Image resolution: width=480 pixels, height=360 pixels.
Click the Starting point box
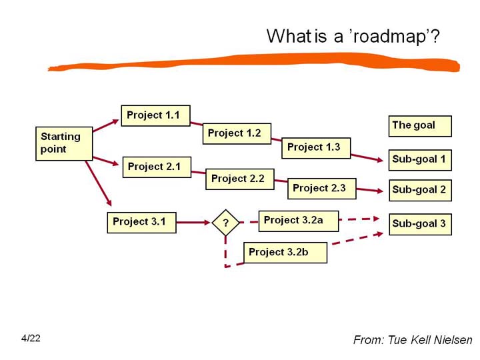[64, 143]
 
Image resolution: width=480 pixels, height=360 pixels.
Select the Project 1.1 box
[155, 115]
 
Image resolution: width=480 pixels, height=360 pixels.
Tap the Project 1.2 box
[237, 133]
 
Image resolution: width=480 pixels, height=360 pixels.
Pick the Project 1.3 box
[316, 148]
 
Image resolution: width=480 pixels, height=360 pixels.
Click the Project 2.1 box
[157, 167]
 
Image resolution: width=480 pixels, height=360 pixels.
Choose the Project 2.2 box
[240, 179]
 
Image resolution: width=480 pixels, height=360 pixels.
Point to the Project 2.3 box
[322, 189]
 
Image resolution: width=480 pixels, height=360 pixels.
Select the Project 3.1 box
[142, 223]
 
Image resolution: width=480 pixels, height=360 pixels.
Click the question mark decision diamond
[225, 223]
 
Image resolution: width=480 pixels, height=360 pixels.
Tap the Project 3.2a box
[299, 221]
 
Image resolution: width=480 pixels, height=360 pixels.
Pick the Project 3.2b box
[285, 253]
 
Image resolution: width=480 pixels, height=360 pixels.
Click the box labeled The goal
[420, 126]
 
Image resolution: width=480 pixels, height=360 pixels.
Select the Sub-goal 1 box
[420, 160]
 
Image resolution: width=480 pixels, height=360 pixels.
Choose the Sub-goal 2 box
[420, 191]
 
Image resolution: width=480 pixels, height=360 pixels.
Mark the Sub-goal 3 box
[420, 225]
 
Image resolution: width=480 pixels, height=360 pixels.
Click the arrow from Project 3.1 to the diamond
[193, 222]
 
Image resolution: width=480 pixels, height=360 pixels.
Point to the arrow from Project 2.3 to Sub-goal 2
[370, 190]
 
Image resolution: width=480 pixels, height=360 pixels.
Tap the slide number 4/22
[31, 338]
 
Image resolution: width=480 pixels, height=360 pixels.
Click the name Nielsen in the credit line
[453, 340]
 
